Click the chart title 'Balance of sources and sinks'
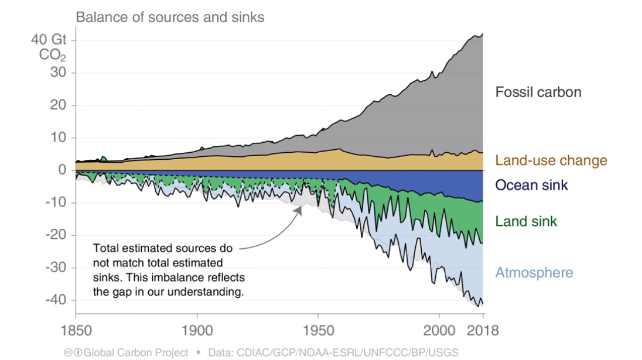pos(170,17)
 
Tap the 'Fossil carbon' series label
pos(538,92)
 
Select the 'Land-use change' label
pos(551,160)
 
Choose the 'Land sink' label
pos(526,221)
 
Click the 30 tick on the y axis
pos(57,73)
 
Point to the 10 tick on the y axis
pos(57,138)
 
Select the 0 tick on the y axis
pos(60,170)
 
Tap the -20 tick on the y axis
pos(54,235)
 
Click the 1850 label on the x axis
pos(76,331)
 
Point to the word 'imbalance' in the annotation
pos(182,277)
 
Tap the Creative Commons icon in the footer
pos(69,352)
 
